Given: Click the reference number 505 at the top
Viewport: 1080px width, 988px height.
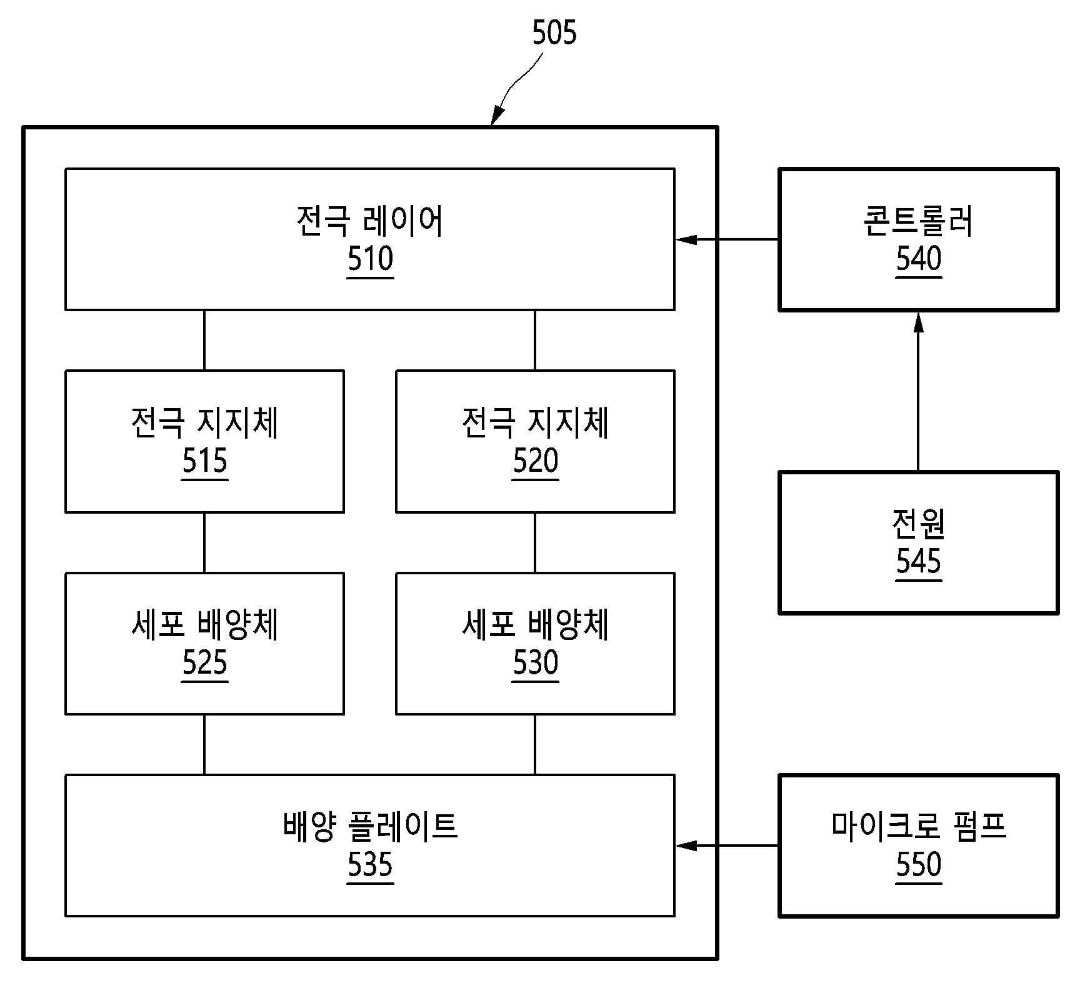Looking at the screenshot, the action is tap(554, 33).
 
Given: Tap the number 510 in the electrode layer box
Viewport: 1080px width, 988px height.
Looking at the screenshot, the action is tap(371, 259).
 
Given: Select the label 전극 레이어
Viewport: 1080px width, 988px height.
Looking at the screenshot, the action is tap(370, 221).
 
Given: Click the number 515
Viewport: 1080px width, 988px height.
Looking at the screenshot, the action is tap(205, 461).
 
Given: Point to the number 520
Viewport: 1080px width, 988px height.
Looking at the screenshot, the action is tap(536, 461).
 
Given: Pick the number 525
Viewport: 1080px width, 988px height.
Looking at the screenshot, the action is tap(205, 663).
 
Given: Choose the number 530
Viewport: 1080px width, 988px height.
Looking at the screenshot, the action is tap(536, 663).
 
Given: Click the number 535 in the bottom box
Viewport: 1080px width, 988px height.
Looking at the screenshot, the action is tap(371, 865).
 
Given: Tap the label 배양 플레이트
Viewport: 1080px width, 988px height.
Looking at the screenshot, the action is tap(370, 827).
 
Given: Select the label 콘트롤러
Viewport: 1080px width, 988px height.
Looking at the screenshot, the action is tap(918, 221).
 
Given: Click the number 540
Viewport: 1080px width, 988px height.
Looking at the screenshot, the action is tap(919, 259).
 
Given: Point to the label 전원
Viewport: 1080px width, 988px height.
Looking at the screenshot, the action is tap(918, 524).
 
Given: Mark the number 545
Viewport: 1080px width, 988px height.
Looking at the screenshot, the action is tap(919, 562).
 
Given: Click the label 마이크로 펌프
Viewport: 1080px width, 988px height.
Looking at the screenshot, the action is tap(918, 827).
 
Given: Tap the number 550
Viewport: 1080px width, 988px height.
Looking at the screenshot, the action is tap(919, 865).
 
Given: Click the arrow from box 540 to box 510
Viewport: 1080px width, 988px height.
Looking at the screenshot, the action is tap(727, 239).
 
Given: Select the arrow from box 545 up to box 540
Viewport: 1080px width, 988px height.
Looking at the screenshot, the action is tap(918, 391).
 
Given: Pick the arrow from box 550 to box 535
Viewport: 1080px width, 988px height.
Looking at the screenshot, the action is tap(727, 846).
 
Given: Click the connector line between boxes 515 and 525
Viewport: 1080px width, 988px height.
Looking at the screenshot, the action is tap(204, 542).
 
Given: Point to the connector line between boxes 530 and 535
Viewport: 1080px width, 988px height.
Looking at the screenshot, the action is tap(535, 744).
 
